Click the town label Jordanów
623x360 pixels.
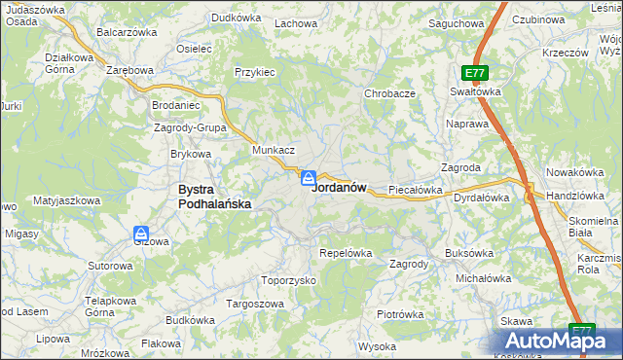coord(339,188)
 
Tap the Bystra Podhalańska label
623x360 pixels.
coord(214,197)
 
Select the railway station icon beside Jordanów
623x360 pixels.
coord(308,177)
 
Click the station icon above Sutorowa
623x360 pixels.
coord(141,234)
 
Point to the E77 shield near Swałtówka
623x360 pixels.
coord(474,73)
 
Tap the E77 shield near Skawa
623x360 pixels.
coord(581,331)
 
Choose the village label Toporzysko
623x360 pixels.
coord(290,279)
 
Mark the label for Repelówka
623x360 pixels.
coord(346,253)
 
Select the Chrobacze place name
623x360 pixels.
coord(389,93)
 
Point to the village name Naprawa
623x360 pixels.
coord(465,125)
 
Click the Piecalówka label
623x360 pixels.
coord(416,190)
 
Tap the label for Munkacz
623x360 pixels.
coord(274,151)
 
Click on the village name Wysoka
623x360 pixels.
coord(377,346)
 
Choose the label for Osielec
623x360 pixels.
coord(195,49)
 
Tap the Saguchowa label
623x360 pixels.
coord(457,22)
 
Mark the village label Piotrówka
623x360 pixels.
coord(400,314)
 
